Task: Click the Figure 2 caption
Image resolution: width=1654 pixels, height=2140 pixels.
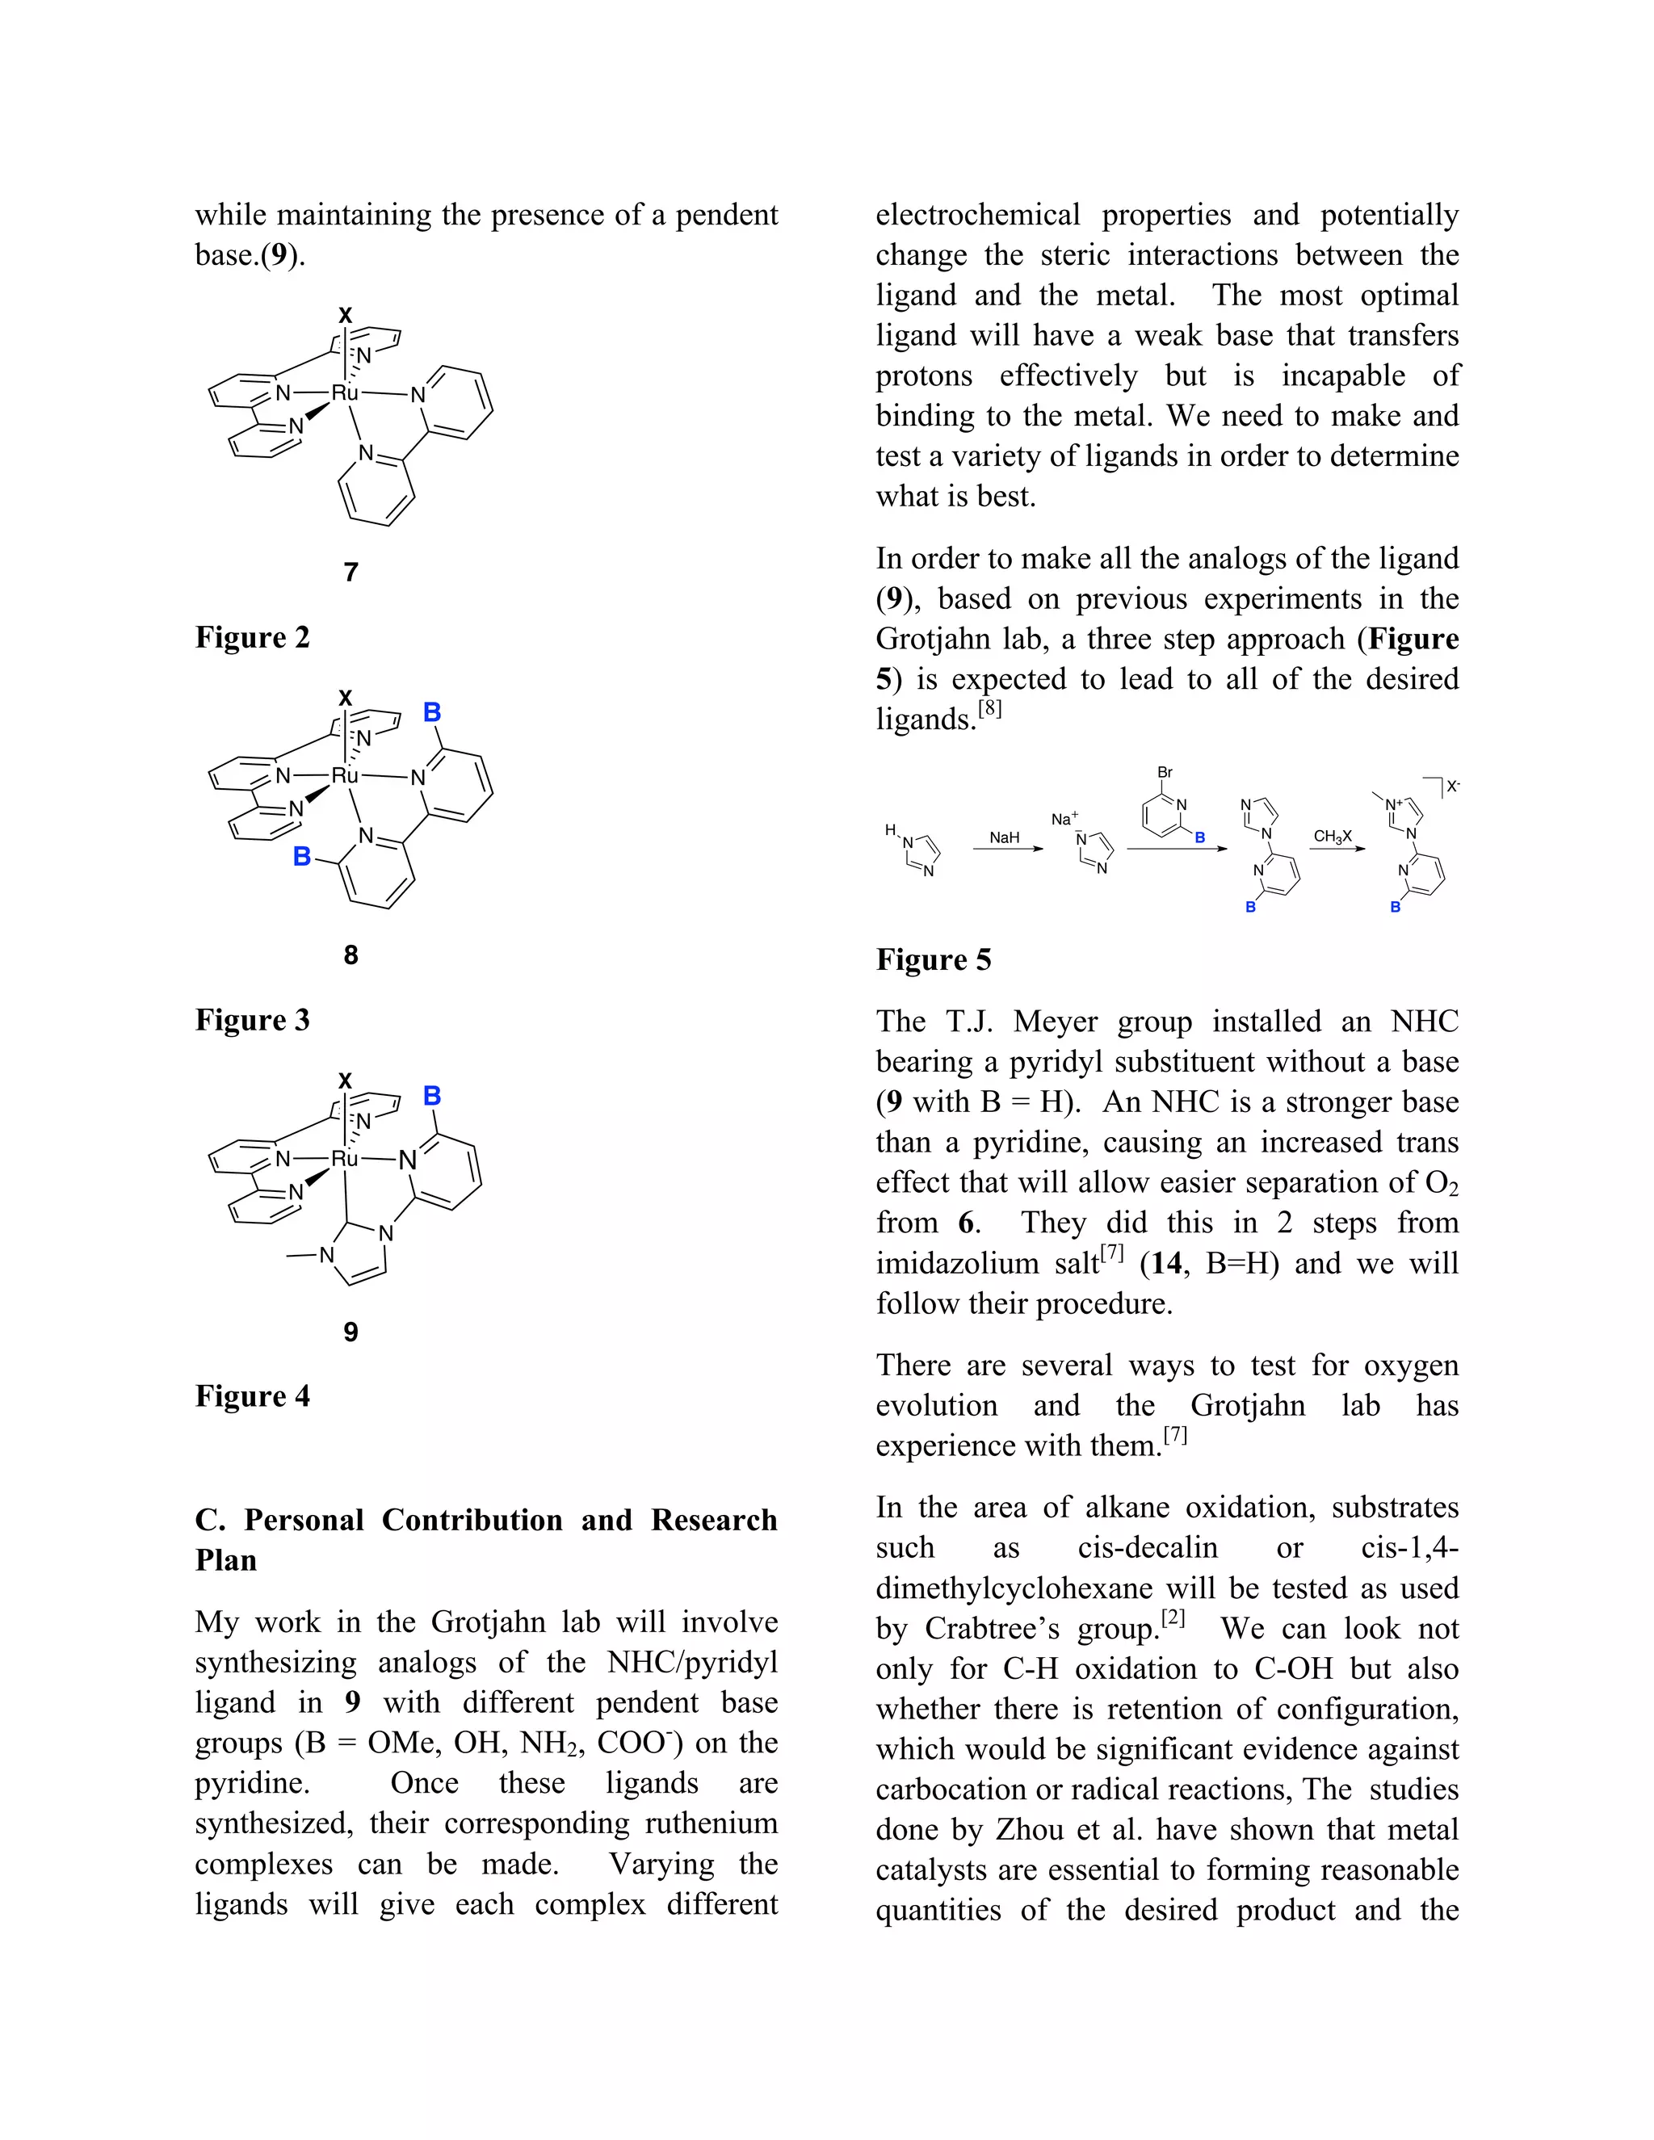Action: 252,638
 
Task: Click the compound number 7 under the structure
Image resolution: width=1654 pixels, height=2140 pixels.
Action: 351,573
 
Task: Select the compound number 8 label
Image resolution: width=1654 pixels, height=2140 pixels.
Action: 351,955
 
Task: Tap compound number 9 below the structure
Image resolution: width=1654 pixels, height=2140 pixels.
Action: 351,1332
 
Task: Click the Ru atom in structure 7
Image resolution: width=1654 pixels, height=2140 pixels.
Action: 345,393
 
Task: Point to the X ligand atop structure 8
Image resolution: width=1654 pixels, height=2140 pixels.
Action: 345,699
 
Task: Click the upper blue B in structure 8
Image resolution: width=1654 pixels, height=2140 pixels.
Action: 432,712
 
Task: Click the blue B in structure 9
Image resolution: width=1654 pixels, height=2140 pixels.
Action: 432,1096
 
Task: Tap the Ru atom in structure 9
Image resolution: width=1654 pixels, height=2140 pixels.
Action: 345,1159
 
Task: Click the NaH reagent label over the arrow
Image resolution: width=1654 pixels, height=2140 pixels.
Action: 1005,837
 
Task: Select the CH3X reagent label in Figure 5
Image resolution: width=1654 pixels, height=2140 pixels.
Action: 1333,837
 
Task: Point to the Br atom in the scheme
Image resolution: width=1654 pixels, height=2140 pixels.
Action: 1165,772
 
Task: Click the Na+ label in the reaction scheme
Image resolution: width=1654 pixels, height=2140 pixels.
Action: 1064,819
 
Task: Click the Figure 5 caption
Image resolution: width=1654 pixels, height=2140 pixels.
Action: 933,960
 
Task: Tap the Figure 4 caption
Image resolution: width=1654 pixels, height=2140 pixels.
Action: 252,1396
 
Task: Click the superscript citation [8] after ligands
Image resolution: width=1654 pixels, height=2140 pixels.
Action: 989,707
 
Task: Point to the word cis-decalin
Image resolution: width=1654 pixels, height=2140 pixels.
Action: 1148,1547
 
